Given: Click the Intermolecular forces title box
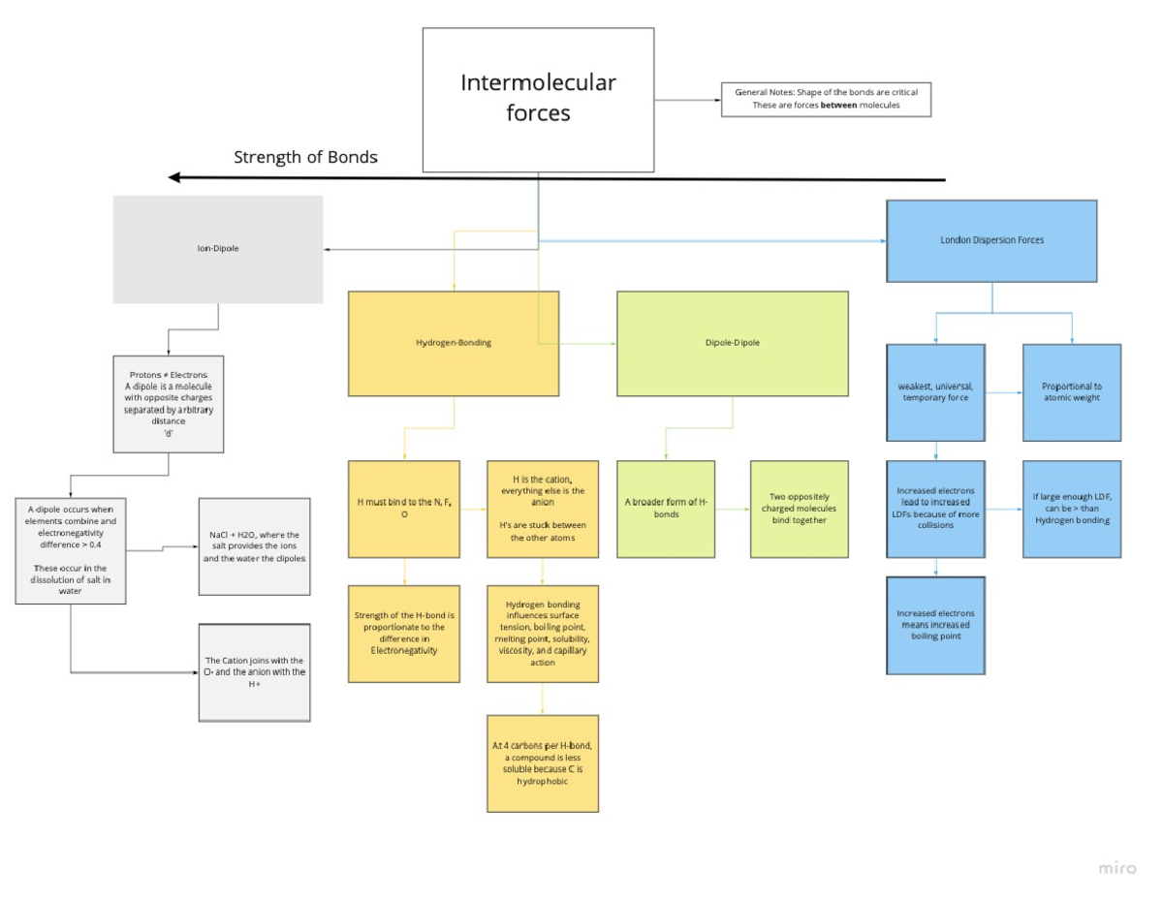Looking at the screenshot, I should click(538, 100).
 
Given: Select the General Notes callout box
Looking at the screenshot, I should click(826, 99).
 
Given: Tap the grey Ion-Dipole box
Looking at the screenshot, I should click(218, 249).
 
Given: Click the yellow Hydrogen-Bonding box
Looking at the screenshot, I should click(454, 343).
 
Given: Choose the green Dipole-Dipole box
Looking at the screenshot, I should click(732, 343).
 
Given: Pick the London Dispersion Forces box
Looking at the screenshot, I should click(991, 240).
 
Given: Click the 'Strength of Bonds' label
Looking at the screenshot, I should click(305, 157).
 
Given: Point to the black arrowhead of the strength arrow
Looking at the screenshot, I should click(174, 177).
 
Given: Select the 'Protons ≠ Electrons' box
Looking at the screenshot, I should click(169, 404).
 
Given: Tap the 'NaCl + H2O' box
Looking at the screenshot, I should click(254, 547).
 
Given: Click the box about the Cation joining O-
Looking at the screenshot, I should click(254, 672).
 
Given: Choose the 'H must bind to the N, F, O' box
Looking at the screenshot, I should click(404, 509).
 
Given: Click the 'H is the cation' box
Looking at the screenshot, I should click(542, 509).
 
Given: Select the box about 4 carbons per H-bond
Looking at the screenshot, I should click(542, 763).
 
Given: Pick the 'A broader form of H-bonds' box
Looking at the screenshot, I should click(666, 509).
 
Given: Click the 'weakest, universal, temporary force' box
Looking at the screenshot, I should click(935, 392).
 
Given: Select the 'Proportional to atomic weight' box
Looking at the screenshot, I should click(1072, 392).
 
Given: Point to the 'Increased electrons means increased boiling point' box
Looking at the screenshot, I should click(935, 625).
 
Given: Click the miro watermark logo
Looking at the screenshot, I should click(1117, 868).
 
